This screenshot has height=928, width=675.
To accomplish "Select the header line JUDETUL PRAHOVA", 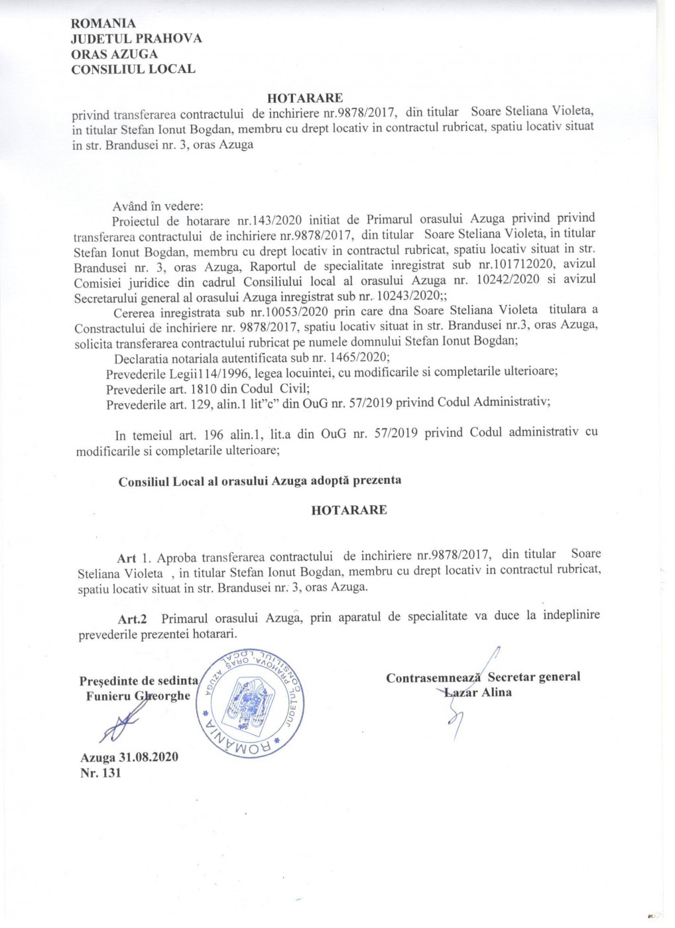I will point(137,38).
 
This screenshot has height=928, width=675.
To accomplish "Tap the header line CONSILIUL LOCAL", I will point(133,68).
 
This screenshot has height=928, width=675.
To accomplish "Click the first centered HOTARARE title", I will point(306,99).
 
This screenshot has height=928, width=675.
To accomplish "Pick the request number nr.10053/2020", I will point(251,310).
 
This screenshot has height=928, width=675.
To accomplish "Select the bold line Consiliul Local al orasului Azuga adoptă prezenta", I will point(260,481).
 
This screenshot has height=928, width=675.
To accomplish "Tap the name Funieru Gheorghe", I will point(138,695).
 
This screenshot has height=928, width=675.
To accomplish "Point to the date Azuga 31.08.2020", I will point(129,757).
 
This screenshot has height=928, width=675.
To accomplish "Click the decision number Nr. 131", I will point(100,773).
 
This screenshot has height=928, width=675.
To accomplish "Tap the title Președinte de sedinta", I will point(139,680).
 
